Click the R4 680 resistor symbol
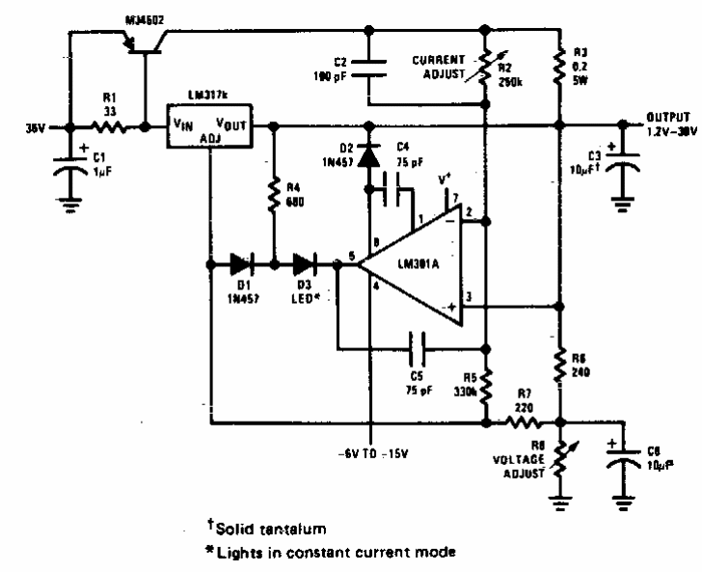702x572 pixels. point(274,193)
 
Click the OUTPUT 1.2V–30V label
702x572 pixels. point(660,123)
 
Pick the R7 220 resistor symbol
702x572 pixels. point(522,422)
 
